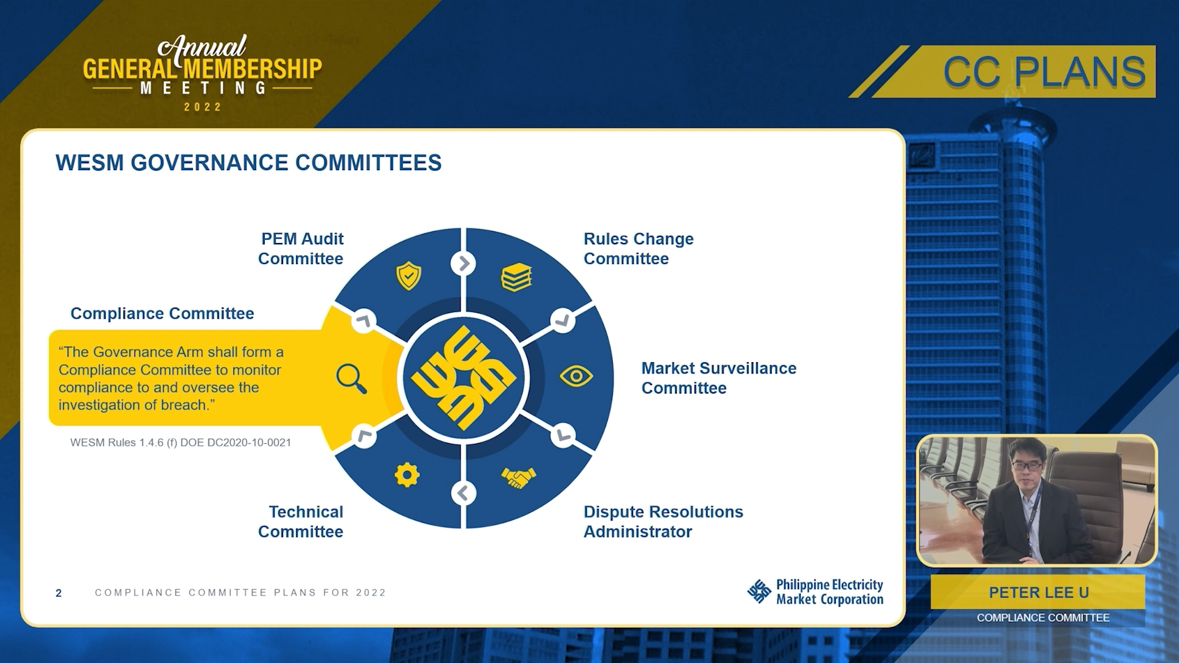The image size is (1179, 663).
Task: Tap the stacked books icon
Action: (516, 277)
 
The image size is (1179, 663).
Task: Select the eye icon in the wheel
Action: (576, 376)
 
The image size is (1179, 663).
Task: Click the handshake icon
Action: (518, 478)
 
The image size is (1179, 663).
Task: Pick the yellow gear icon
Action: (407, 475)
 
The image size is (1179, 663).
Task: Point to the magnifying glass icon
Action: (351, 378)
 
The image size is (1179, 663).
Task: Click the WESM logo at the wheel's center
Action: (464, 378)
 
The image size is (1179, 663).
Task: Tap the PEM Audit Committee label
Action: (300, 249)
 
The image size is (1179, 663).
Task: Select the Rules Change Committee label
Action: (639, 249)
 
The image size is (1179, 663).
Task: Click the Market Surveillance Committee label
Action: (719, 378)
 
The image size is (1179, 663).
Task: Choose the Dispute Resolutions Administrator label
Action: (663, 522)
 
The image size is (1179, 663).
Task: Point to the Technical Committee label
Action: (300, 522)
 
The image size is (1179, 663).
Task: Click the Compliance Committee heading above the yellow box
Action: (162, 313)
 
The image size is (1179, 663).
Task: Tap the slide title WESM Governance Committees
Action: (249, 163)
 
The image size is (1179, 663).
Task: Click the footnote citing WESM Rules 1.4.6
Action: (181, 443)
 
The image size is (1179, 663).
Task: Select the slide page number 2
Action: (58, 593)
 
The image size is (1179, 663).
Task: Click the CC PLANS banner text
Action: (1044, 72)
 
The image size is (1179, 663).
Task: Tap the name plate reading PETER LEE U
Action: (1038, 592)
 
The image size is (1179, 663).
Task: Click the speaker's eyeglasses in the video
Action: (1026, 466)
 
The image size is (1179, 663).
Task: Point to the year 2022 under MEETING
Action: (203, 107)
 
